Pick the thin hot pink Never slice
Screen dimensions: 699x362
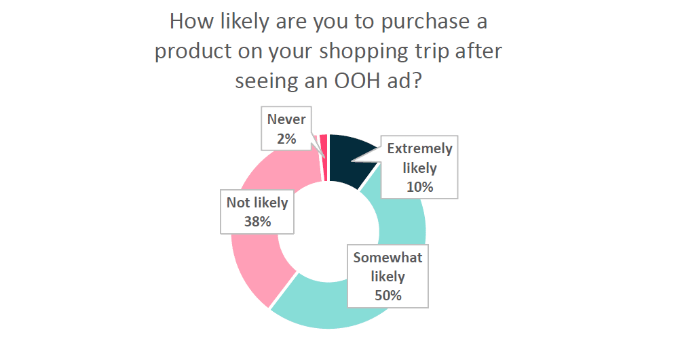click(x=324, y=158)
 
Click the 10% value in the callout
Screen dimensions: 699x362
click(x=419, y=187)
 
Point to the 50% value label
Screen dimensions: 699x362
click(x=388, y=296)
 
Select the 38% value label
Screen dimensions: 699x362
click(x=257, y=222)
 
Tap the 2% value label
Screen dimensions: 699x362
click(x=286, y=139)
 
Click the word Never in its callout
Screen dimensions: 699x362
click(x=286, y=119)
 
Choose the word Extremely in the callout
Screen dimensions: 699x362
click(x=419, y=148)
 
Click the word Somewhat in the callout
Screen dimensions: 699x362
click(x=388, y=258)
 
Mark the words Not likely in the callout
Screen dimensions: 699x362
click(x=257, y=203)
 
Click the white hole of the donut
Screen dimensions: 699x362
click(x=328, y=232)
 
